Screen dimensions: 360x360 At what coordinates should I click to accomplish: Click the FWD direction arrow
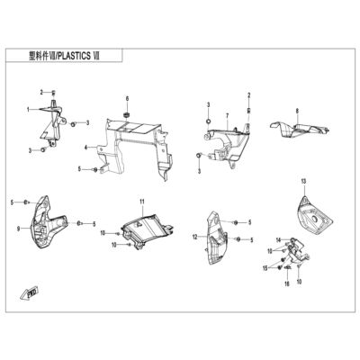point(30,293)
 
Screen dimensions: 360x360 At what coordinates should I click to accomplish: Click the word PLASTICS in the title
point(74,56)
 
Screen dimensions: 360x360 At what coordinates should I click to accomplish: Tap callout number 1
point(28,110)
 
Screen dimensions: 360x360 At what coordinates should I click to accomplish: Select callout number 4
point(85,148)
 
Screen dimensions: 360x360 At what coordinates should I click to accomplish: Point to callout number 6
point(127,98)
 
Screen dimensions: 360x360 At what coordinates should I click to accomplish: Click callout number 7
point(228,115)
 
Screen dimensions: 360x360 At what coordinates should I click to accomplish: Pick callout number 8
point(297,111)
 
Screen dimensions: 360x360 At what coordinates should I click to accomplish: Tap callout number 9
point(19,229)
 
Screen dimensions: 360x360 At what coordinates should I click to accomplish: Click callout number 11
point(142,202)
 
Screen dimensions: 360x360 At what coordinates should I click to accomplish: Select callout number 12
point(195,238)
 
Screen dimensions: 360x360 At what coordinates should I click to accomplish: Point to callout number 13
point(303,181)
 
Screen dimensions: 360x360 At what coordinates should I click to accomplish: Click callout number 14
point(279,239)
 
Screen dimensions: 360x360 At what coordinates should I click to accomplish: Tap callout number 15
point(265,268)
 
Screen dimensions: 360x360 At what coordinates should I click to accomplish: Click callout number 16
point(287,283)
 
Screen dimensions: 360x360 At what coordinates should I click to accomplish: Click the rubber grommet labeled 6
point(126,114)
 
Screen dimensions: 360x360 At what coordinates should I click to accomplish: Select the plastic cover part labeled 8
point(300,130)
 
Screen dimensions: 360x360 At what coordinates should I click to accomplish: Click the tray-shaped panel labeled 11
point(147,229)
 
